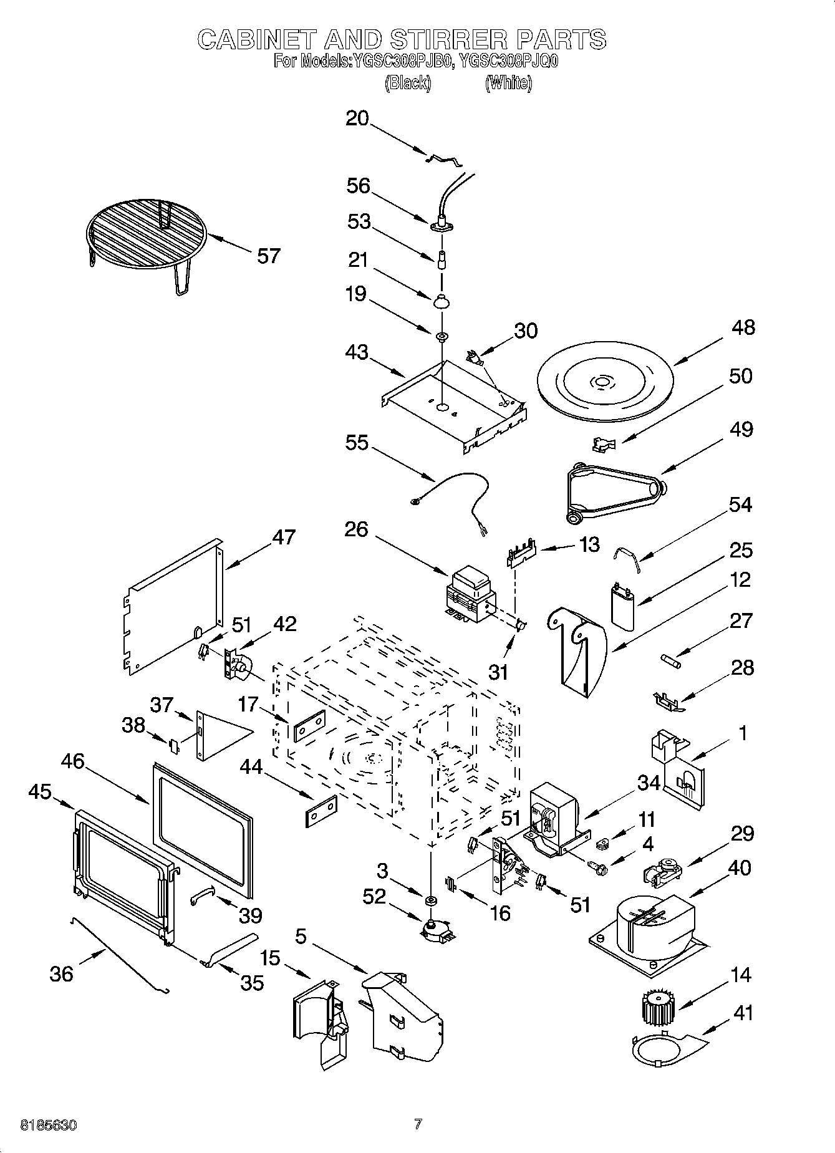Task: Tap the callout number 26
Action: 356,529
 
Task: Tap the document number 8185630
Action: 49,1125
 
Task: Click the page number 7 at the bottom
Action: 418,1124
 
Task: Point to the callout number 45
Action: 40,792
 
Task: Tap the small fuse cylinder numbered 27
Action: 671,659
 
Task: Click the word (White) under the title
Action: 509,82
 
